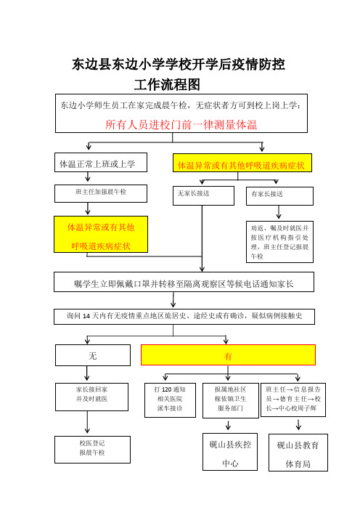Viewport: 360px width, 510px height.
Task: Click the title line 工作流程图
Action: point(167,84)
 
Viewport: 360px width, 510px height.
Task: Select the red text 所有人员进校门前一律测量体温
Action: point(181,124)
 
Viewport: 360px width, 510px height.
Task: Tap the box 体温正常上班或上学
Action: point(101,162)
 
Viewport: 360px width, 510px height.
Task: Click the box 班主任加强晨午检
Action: point(101,193)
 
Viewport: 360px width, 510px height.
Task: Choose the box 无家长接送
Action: point(203,195)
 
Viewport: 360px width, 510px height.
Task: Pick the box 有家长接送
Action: point(279,196)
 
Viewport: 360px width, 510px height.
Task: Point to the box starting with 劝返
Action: point(279,242)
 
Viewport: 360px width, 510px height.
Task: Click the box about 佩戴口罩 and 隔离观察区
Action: point(184,282)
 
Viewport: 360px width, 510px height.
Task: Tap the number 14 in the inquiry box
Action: point(86,316)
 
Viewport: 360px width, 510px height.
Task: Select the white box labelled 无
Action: point(93,355)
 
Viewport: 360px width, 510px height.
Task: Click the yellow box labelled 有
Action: point(228,355)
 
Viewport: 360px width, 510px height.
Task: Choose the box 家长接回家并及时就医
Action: point(91,397)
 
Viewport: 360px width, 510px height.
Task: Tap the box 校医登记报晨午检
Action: point(93,450)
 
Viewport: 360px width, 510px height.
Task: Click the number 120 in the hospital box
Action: point(166,389)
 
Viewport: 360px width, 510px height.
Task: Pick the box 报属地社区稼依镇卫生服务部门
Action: point(231,400)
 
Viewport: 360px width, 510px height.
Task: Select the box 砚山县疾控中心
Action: point(230,452)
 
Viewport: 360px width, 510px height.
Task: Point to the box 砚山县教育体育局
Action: point(298,453)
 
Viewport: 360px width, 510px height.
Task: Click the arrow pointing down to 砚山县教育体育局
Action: point(298,425)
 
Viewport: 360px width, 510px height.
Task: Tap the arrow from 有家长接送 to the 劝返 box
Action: point(279,212)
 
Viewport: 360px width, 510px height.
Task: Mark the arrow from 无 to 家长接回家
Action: point(87,373)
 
